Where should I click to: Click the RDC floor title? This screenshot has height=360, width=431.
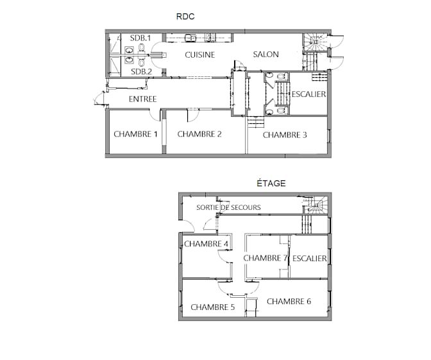[185, 17]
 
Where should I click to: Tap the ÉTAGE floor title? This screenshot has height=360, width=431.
[271, 183]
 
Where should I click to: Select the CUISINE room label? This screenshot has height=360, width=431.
[200, 55]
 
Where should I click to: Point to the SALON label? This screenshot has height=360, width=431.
[266, 54]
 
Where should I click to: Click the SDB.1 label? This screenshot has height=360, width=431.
[140, 38]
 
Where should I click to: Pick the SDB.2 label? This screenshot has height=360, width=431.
[141, 72]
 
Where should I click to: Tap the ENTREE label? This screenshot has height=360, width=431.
[142, 99]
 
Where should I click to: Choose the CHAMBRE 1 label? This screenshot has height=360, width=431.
[135, 134]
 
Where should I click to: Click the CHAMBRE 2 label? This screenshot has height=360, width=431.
[199, 134]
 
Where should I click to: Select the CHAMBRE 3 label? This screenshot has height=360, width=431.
[285, 135]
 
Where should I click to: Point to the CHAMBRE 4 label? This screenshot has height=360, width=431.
[206, 244]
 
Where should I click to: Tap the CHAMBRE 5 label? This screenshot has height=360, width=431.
[213, 307]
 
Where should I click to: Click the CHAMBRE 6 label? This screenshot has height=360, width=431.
[289, 302]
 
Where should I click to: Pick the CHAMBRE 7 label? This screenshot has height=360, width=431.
[266, 258]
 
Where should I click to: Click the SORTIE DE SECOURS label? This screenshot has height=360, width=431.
[228, 207]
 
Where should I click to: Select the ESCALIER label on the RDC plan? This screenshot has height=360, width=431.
[308, 94]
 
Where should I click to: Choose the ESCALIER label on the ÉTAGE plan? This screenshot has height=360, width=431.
[310, 258]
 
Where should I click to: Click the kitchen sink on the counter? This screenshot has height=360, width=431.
[190, 37]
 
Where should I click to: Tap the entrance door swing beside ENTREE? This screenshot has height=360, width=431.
[98, 98]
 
